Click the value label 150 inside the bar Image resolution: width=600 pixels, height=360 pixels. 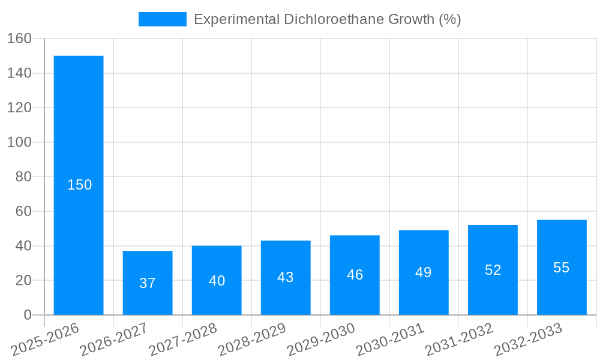coord(80,185)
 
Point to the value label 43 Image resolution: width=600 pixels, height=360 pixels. coord(286,277)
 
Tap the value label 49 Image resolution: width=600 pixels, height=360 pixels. coord(424,272)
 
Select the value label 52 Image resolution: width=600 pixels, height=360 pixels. coord(493,270)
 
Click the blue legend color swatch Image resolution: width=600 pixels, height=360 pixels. coord(162,19)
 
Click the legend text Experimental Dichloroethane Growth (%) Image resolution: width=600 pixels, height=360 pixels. coord(328,19)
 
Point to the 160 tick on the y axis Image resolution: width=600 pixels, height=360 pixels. coord(19,38)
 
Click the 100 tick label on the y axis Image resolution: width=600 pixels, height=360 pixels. coord(19,142)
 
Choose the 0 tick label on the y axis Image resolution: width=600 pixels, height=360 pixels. coord(27,315)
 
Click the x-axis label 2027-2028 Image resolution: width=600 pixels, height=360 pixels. coord(183,339)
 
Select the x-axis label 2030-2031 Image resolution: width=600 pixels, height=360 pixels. coord(390,339)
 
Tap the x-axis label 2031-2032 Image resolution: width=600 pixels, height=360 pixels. coord(459,339)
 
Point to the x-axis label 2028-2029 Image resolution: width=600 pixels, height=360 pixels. coord(252,339)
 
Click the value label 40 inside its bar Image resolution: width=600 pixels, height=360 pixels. coord(217,281)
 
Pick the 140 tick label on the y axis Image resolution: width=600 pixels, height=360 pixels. coord(19,73)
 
